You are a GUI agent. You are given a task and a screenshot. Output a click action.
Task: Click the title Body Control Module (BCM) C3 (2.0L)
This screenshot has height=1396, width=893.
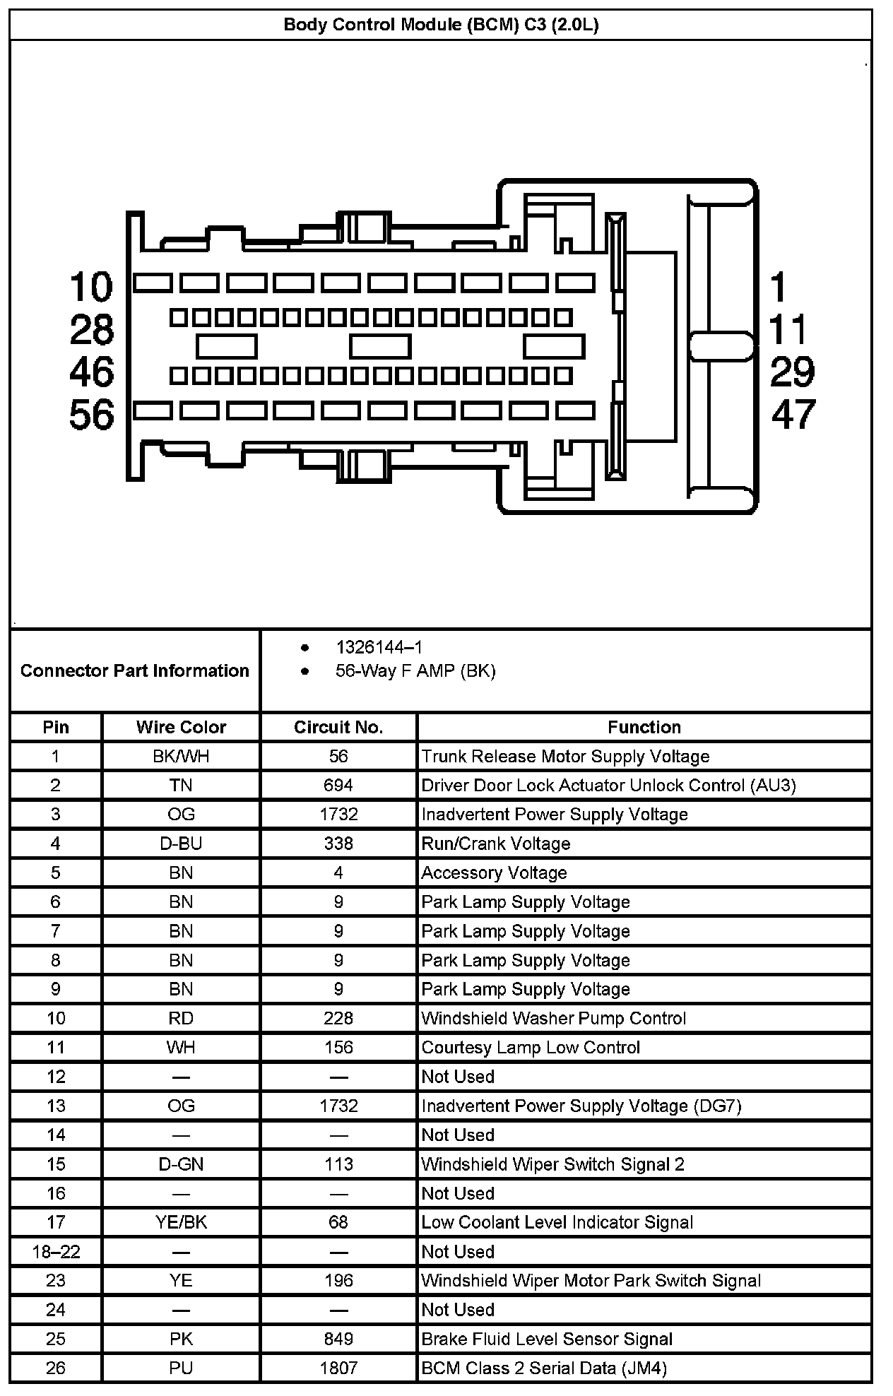pos(441,25)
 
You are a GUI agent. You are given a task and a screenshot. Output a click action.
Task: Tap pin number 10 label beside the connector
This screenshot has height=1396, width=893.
pos(91,287)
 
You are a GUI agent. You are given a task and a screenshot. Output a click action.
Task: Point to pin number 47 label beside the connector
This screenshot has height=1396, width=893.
pos(793,414)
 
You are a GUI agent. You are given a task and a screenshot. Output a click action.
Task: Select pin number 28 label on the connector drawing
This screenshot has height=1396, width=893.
pos(91,329)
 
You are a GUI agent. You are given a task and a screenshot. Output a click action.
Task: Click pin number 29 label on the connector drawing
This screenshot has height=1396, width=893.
pos(792,372)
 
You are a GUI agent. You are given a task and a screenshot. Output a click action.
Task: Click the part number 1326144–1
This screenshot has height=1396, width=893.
pos(379,647)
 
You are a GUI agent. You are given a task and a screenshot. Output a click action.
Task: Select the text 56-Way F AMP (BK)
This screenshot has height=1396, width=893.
pos(415,670)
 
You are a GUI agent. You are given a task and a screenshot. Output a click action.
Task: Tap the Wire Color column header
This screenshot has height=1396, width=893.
pos(181,727)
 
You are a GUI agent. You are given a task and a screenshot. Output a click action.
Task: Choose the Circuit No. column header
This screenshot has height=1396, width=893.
pos(338,727)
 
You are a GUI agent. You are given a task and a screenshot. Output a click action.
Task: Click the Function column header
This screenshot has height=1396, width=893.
pos(644,727)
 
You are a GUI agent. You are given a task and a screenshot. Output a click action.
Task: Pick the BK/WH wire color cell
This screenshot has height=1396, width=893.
pos(181,757)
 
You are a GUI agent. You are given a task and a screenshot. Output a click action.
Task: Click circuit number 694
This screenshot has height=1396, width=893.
pos(338,786)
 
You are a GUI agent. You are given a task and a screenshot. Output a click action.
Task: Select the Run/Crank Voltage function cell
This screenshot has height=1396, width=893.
pos(496,844)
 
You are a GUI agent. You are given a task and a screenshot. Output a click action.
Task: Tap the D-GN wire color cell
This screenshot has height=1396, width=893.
pos(181,1164)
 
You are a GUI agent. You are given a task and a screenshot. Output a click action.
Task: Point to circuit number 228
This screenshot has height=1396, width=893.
pos(338,1018)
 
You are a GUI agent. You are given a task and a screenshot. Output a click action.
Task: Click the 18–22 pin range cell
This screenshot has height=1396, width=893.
pos(56,1252)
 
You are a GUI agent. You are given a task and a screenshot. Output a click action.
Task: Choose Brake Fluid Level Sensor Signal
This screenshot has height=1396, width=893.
pos(547,1339)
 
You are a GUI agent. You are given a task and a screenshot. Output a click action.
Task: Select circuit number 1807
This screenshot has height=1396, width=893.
pos(338,1368)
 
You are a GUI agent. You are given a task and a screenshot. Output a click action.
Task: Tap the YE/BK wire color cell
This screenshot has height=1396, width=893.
pos(181,1222)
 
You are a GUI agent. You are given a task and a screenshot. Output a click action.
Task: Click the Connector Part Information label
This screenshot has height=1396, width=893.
pos(135,670)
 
